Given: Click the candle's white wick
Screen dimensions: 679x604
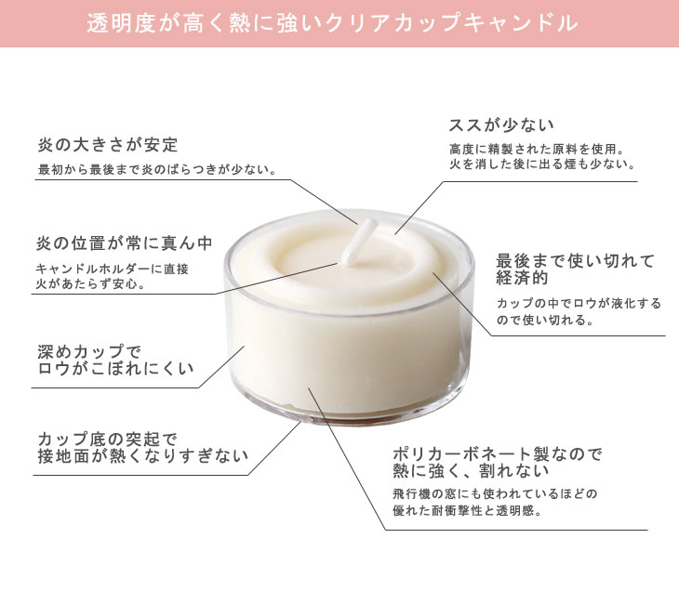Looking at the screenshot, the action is point(358,243).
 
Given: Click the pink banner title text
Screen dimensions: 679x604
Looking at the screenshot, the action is point(333,23).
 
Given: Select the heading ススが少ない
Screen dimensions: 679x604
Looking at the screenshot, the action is point(501,125).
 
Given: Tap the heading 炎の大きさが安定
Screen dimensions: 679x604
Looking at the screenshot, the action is point(108,145).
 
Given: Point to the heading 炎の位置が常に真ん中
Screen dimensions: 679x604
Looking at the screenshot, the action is point(125,243).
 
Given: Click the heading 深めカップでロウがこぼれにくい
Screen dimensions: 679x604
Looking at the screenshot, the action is point(115,361).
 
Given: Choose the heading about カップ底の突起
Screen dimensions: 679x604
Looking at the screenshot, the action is point(142,448).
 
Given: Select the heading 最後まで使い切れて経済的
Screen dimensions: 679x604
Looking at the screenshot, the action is point(575,269).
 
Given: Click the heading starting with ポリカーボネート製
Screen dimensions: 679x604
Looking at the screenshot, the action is point(497,462).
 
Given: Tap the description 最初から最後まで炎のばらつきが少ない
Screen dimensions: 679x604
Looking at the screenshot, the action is point(157,169).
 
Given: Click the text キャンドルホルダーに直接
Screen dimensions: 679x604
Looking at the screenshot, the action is point(113,269).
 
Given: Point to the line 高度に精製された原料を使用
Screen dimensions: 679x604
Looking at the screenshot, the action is point(537,150).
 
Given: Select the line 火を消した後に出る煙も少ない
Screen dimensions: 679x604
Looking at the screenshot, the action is point(542,164).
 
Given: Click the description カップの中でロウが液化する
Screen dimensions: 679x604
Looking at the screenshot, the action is point(579,303).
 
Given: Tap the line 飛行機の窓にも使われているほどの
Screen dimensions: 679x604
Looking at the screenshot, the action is point(495,493).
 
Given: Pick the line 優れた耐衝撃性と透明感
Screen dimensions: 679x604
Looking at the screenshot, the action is point(468,511).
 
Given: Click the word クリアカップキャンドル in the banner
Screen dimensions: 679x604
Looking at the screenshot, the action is point(452,23).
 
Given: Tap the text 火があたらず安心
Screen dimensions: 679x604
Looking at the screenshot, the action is point(90,284).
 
